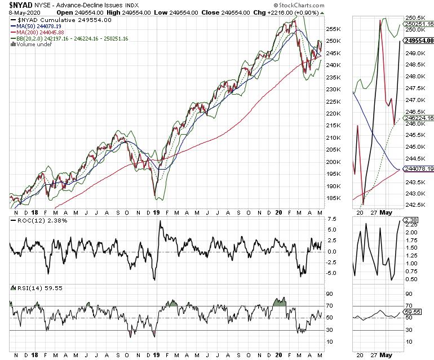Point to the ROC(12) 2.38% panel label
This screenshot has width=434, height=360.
(39, 220)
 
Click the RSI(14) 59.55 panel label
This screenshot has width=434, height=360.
(37, 288)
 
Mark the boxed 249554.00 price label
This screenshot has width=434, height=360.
(418, 41)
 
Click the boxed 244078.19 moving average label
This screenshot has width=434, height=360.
(418, 168)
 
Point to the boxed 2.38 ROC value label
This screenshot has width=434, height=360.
(413, 220)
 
